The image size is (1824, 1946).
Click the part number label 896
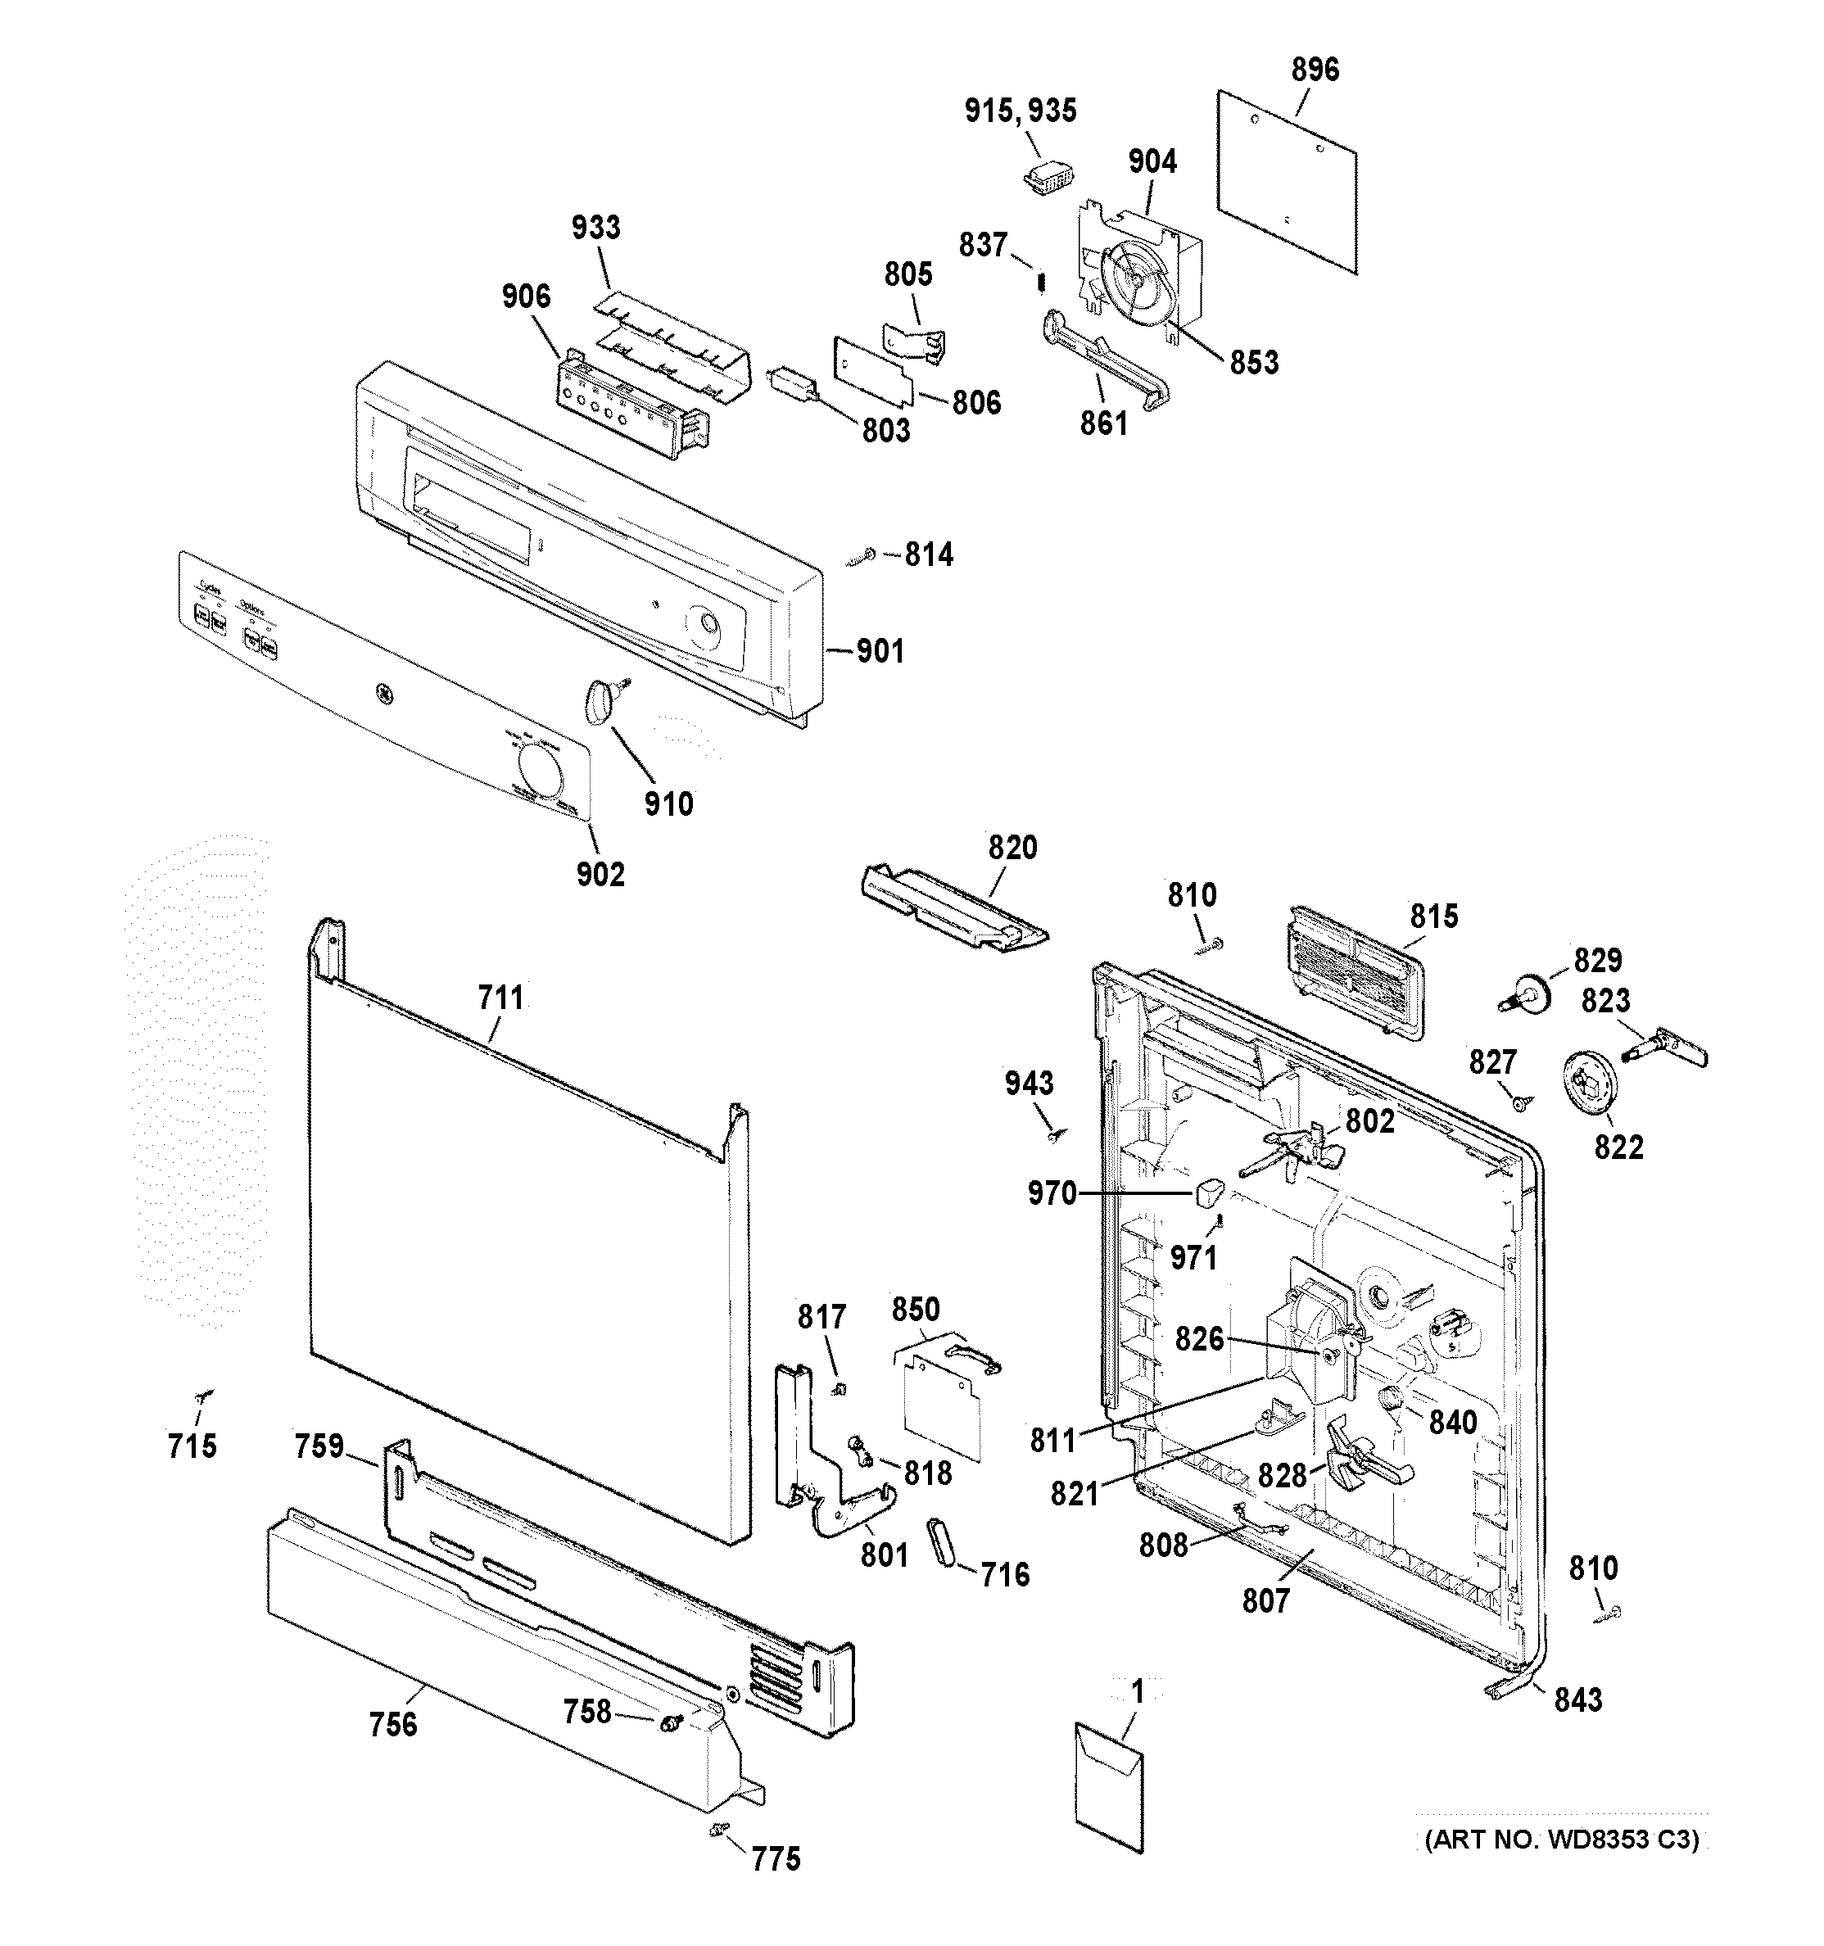(1314, 70)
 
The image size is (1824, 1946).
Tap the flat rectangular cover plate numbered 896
(1288, 181)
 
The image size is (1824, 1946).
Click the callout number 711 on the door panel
(500, 998)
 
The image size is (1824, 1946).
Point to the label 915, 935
(1021, 111)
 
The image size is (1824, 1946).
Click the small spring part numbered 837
(1042, 281)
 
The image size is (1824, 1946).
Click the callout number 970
(1052, 1193)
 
